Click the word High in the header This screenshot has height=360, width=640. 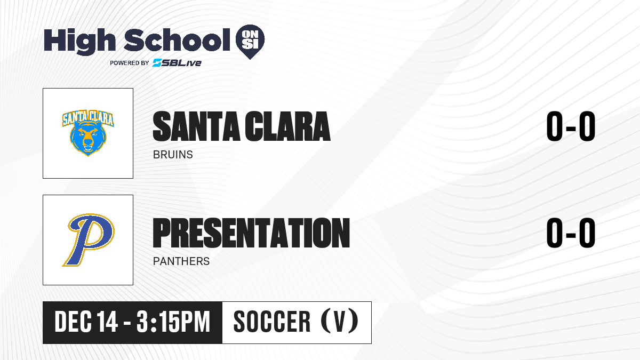coord(80,42)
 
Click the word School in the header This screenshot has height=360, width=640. coord(177,40)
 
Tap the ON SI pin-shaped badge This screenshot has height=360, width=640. coord(250,42)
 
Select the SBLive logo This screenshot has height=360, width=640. coord(177,63)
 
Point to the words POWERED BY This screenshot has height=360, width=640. coord(130,63)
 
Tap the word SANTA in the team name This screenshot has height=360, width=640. coord(196,126)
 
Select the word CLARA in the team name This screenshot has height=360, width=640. coord(287,126)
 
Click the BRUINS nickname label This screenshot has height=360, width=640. coord(173,155)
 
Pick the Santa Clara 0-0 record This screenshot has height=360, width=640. coord(571,126)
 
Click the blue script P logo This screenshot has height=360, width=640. coord(89,240)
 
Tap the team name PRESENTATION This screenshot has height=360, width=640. coord(251,233)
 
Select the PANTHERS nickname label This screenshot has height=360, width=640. coord(181,261)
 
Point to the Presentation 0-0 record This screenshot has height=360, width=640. coord(571,233)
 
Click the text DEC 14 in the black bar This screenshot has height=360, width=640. coord(86,322)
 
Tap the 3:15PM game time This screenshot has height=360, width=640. coord(173,322)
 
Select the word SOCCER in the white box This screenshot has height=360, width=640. coord(272,322)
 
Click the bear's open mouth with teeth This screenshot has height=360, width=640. coord(88,149)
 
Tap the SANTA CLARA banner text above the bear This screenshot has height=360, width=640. coord(88,118)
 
